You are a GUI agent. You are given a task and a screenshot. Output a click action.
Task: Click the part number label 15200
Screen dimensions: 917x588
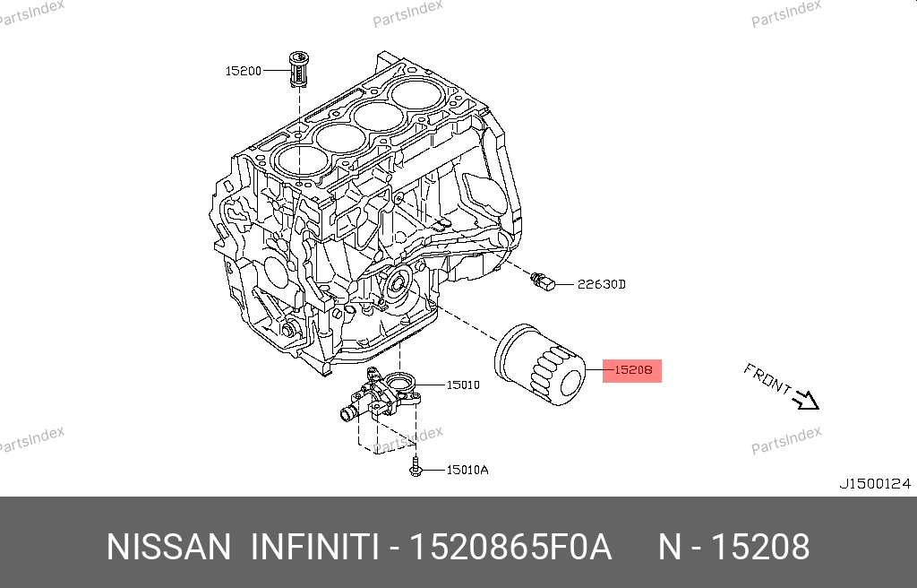[x=244, y=71]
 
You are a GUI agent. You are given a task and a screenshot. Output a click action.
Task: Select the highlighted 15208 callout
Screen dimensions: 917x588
[x=632, y=371]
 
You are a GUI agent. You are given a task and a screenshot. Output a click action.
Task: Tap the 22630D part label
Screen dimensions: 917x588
[x=601, y=285]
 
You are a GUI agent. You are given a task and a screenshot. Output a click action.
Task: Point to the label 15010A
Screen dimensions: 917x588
[x=467, y=470]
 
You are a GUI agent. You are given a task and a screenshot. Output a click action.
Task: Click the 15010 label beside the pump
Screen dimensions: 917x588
[x=463, y=385]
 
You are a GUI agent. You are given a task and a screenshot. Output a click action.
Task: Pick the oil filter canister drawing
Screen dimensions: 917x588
[x=539, y=364]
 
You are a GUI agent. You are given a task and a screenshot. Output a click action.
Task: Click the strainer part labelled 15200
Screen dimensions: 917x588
[x=299, y=69]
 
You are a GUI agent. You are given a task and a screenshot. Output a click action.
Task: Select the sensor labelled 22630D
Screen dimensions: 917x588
[x=543, y=281]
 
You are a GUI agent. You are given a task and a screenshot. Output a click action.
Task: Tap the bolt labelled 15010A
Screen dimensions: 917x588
[x=416, y=467]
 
